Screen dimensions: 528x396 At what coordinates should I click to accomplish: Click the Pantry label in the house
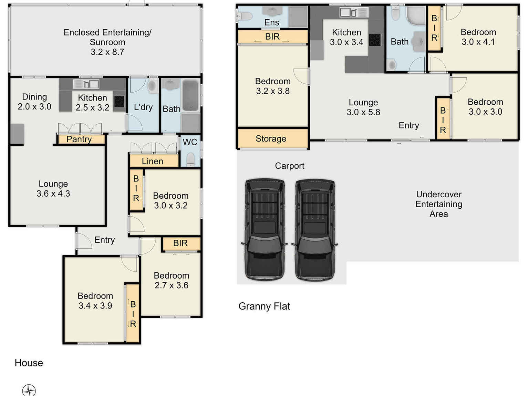tap(79, 139)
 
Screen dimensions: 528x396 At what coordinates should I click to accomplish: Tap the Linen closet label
tap(153, 161)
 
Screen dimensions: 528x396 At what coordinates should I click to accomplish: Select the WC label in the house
tap(190, 142)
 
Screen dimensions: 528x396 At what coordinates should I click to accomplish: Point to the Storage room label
tap(271, 138)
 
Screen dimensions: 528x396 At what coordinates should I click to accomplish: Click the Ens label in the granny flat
tap(271, 22)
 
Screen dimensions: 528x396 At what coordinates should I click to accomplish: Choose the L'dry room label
tap(143, 107)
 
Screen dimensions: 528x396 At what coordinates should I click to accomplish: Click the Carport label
tap(290, 166)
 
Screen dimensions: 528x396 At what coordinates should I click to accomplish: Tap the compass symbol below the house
tap(29, 390)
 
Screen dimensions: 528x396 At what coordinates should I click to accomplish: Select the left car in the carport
tap(265, 229)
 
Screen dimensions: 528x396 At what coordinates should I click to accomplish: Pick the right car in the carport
tap(315, 229)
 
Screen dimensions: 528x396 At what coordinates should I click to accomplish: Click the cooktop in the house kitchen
tap(119, 101)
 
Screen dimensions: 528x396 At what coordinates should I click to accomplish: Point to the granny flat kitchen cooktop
tap(375, 40)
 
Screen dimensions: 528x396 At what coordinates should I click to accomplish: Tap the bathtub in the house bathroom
tap(190, 95)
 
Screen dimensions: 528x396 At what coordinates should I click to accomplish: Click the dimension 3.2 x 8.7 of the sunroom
tap(107, 52)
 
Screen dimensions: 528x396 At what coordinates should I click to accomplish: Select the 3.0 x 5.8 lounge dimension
tap(363, 112)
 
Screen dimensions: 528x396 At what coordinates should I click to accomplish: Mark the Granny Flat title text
tap(264, 306)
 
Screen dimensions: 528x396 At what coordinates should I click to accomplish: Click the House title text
tap(29, 363)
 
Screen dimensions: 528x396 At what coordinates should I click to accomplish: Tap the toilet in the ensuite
tap(245, 16)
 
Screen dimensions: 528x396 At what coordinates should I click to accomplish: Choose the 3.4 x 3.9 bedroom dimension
tap(95, 305)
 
